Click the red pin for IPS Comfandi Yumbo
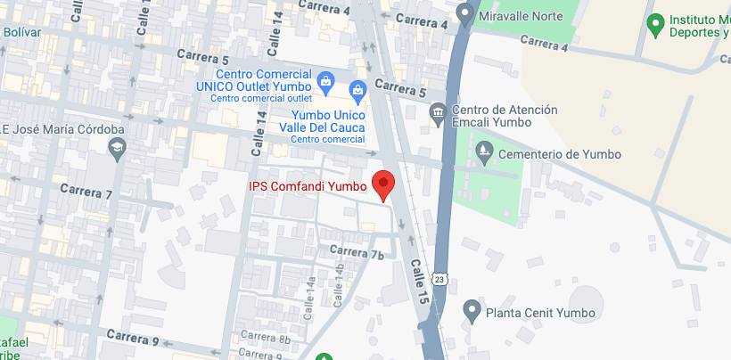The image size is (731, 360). click(x=383, y=184)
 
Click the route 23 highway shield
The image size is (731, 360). click(x=439, y=279)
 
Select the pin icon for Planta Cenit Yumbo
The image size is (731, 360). click(x=472, y=311)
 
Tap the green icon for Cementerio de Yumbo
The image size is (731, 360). click(x=484, y=152)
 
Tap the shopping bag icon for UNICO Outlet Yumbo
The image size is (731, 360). click(x=325, y=83)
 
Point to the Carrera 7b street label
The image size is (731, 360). click(x=357, y=253)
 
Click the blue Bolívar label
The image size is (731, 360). click(x=23, y=32)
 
